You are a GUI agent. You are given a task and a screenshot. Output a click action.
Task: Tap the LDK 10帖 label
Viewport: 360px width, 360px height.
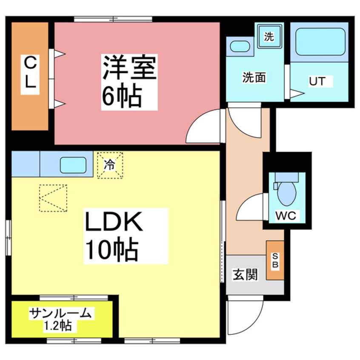pyautogui.click(x=113, y=237)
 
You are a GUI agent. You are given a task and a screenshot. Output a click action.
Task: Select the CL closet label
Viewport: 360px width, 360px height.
pyautogui.click(x=29, y=72)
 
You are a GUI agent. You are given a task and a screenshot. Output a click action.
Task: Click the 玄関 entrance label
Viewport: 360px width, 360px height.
pyautogui.click(x=245, y=274)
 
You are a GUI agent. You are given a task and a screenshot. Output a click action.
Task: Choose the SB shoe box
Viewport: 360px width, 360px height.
pyautogui.click(x=275, y=260)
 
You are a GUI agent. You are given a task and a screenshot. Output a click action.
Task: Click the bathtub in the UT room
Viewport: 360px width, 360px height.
pyautogui.click(x=320, y=42)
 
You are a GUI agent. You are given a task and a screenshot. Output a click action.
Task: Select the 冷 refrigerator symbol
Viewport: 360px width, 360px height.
pyautogui.click(x=110, y=165)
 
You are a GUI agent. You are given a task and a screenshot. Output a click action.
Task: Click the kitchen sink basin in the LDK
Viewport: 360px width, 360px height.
pyautogui.click(x=73, y=165)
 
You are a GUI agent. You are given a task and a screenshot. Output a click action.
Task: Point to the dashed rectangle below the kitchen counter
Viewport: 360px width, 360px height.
pyautogui.click(x=53, y=198)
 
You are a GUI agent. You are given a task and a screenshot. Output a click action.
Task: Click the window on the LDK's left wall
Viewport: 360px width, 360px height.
pyautogui.click(x=8, y=237)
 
